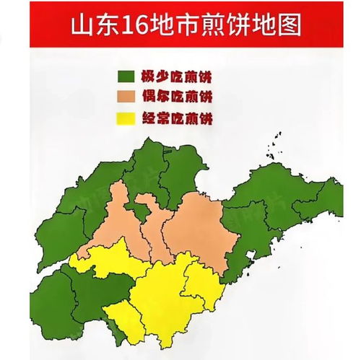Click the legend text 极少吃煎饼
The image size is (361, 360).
point(184,75)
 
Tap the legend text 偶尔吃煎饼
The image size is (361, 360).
point(184,97)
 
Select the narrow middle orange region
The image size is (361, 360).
point(153,231)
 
